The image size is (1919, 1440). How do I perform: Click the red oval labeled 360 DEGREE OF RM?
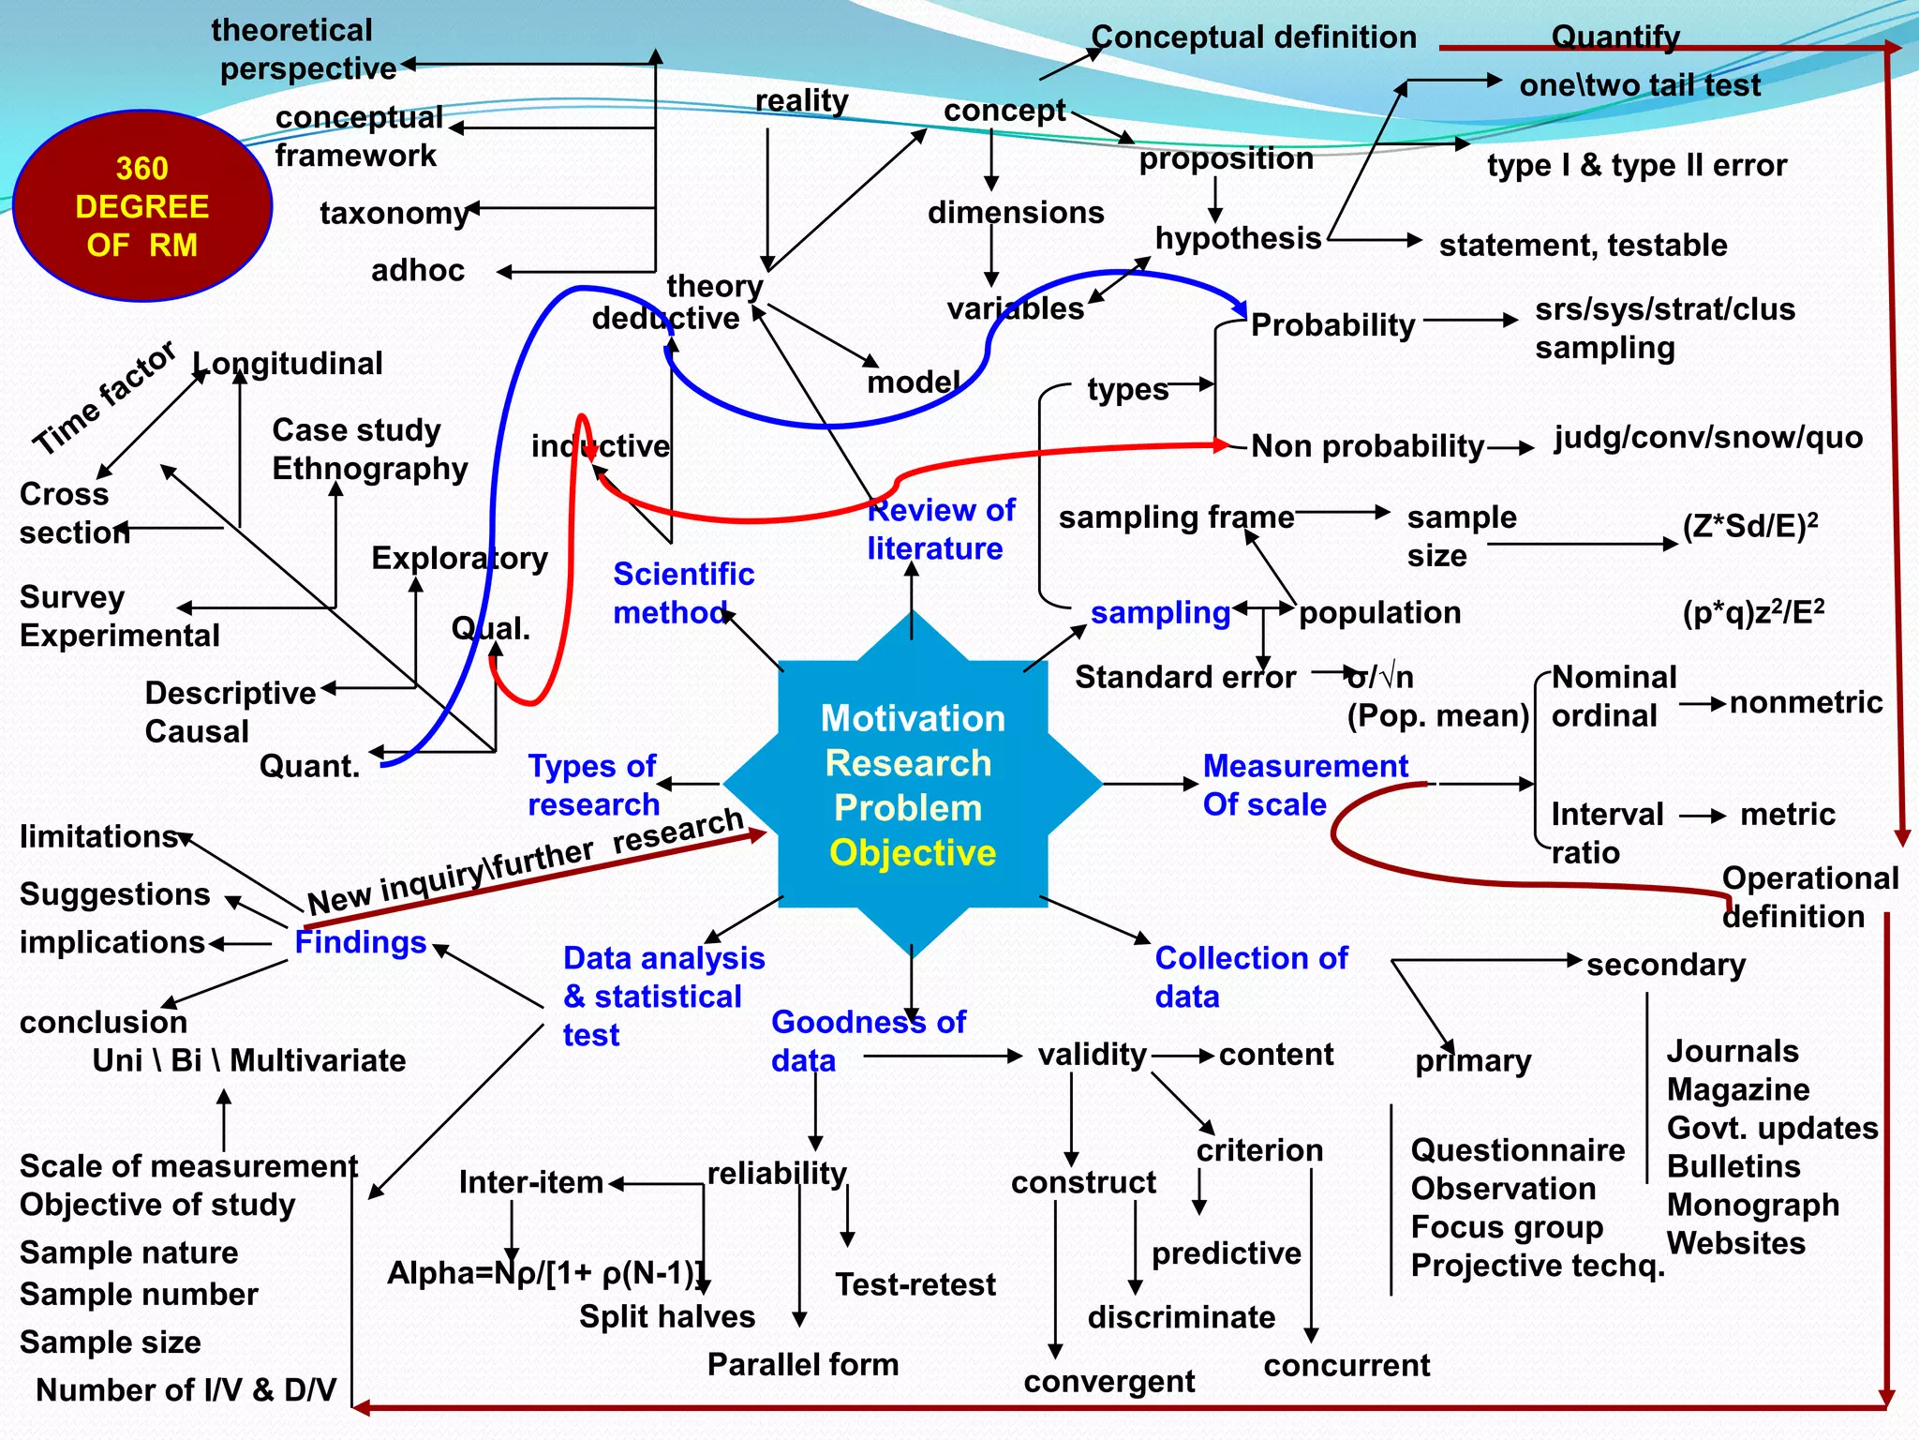point(142,206)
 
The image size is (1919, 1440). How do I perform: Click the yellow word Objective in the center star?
point(913,853)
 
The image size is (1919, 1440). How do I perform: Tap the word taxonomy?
point(394,214)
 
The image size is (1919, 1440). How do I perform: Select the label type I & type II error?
point(1637,166)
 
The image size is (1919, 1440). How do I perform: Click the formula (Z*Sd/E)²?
point(1749,527)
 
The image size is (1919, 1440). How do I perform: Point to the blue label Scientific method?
point(683,592)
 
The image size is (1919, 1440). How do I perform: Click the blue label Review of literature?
point(940,530)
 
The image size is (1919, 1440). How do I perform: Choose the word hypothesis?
point(1238,239)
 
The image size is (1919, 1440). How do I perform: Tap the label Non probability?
point(1367,446)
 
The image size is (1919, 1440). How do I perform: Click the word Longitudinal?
point(288,364)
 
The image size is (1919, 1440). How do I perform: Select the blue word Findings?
point(361,942)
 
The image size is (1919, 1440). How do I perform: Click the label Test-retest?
point(915,1284)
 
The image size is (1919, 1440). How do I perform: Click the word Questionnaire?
point(1518,1150)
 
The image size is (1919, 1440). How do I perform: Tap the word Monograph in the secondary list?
point(1752,1205)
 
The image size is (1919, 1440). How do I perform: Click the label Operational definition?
point(1808,897)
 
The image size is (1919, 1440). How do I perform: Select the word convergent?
point(1109,1382)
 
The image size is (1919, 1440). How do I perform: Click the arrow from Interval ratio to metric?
point(1702,816)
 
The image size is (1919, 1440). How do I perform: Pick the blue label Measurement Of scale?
point(1303,786)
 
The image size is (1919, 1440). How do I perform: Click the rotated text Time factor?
point(104,397)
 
